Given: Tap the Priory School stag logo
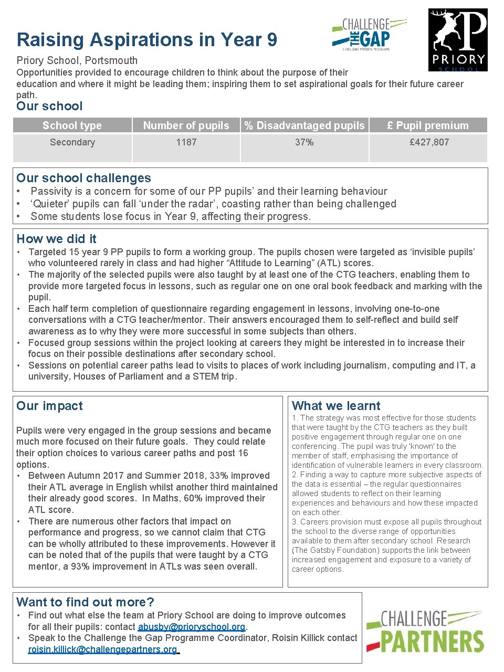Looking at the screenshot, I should point(458,40).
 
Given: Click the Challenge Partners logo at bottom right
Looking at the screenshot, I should point(425,631).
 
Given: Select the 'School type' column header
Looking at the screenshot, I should point(72,125).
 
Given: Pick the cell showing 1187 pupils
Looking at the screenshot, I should point(186,142).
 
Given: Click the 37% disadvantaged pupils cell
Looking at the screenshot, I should point(304,142).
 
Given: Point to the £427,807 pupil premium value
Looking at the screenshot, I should point(429,142).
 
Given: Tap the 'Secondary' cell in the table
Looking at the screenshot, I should point(72,142).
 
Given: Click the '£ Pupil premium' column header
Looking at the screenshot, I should point(428,125).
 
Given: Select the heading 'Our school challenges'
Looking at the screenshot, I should point(83,178).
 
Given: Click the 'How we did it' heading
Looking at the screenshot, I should point(57,239).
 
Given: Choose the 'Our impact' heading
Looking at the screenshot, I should point(49,406).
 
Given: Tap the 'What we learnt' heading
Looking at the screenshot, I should point(336,406).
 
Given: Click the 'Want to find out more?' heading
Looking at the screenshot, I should point(85,602).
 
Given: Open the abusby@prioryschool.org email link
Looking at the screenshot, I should point(192,627).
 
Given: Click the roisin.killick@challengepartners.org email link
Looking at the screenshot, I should point(103,649).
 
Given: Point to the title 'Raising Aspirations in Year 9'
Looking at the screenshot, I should point(146,40).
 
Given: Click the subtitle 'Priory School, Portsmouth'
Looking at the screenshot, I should point(77,60).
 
